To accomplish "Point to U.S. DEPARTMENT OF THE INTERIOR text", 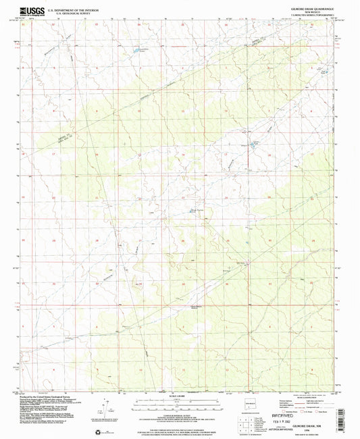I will click(x=79, y=7).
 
